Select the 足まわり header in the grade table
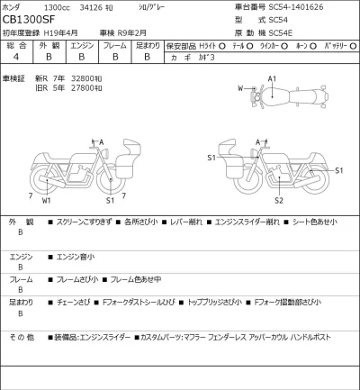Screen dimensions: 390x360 pyautogui.click(x=147, y=43)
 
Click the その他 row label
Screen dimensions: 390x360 pyautogui.click(x=20, y=337)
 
